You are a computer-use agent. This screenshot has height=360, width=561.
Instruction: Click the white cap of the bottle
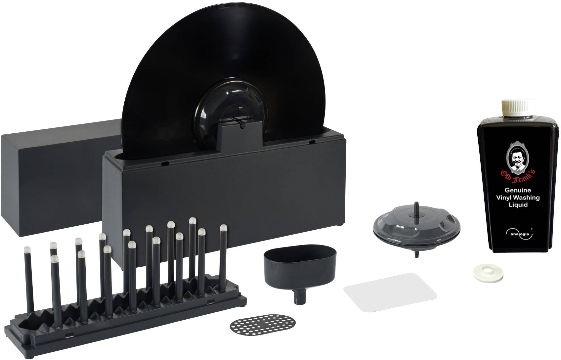[x=518, y=108]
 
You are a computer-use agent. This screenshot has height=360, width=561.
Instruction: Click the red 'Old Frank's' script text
[x=518, y=178]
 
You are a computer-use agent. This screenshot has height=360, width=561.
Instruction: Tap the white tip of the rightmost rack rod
[x=223, y=228]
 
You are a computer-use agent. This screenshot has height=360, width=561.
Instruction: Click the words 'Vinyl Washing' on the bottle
[x=518, y=198]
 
